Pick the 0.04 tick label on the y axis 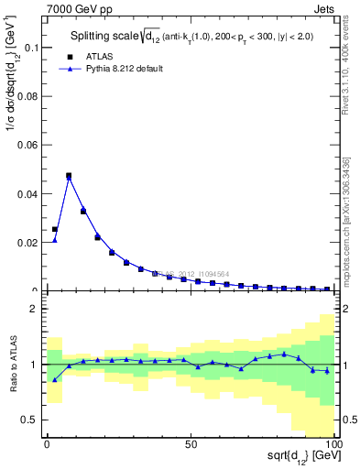[28, 194]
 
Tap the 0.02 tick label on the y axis [28, 243]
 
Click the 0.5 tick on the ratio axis [32, 420]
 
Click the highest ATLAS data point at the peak [69, 175]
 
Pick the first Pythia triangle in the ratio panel [54, 379]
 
